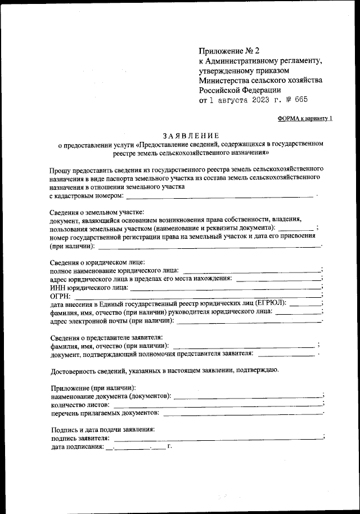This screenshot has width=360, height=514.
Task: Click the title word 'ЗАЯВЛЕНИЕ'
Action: [x=191, y=135]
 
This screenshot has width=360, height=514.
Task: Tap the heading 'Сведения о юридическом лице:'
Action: [x=97, y=262]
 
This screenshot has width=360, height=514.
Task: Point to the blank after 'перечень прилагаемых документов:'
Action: [x=242, y=413]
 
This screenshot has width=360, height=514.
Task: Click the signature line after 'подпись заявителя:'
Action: [x=217, y=437]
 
